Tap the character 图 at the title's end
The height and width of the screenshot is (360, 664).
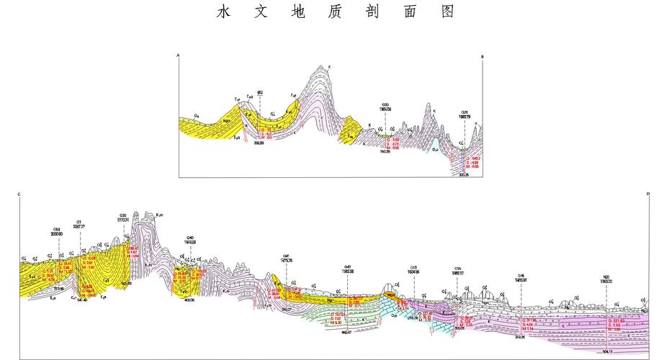click(x=447, y=12)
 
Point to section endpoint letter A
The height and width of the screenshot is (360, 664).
click(x=179, y=54)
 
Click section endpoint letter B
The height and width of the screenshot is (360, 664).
click(x=483, y=55)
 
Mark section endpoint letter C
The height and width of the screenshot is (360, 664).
click(x=19, y=194)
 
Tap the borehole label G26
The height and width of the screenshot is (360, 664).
click(x=465, y=112)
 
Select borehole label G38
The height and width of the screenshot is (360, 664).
click(x=124, y=215)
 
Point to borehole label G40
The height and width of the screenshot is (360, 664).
click(x=189, y=237)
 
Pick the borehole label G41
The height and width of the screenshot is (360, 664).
click(x=286, y=256)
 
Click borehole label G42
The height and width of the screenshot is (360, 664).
click(x=348, y=266)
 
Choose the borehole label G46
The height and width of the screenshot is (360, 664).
click(x=521, y=274)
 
